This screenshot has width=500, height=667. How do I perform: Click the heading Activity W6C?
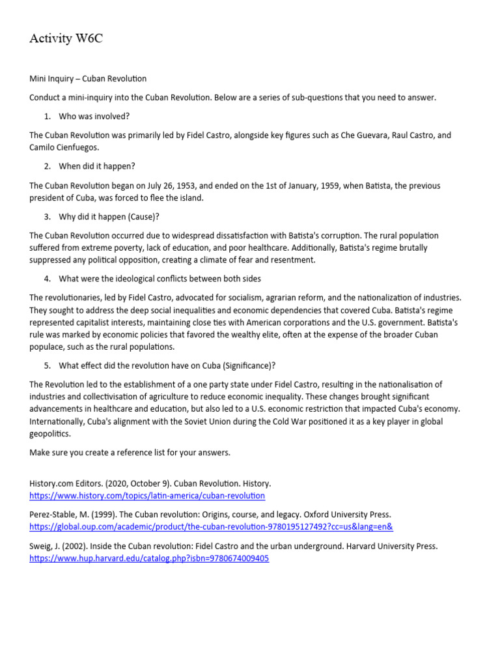coord(66,39)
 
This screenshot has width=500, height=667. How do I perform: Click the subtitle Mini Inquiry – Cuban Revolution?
coord(88,79)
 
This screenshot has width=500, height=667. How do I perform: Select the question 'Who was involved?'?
coord(94,117)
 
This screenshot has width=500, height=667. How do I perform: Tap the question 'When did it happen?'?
coord(97,167)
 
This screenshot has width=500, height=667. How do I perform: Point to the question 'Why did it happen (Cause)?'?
coord(109,217)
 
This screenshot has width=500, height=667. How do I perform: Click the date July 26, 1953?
coord(141,186)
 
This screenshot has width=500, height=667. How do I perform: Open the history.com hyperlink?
coord(147,496)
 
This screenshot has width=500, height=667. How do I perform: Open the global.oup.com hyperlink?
coord(211,527)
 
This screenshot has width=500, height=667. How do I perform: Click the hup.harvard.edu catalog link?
coord(149,558)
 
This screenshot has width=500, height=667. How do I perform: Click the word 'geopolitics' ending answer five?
coord(49,434)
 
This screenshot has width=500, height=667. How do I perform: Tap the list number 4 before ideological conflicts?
coord(47,279)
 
